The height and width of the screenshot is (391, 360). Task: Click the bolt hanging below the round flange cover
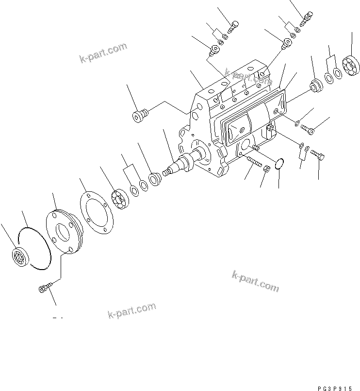(x=43, y=289)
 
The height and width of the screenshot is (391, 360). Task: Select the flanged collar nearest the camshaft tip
(x=155, y=179)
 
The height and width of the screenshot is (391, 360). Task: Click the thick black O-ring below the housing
(x=278, y=165)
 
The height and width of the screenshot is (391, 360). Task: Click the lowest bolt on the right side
(x=318, y=155)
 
